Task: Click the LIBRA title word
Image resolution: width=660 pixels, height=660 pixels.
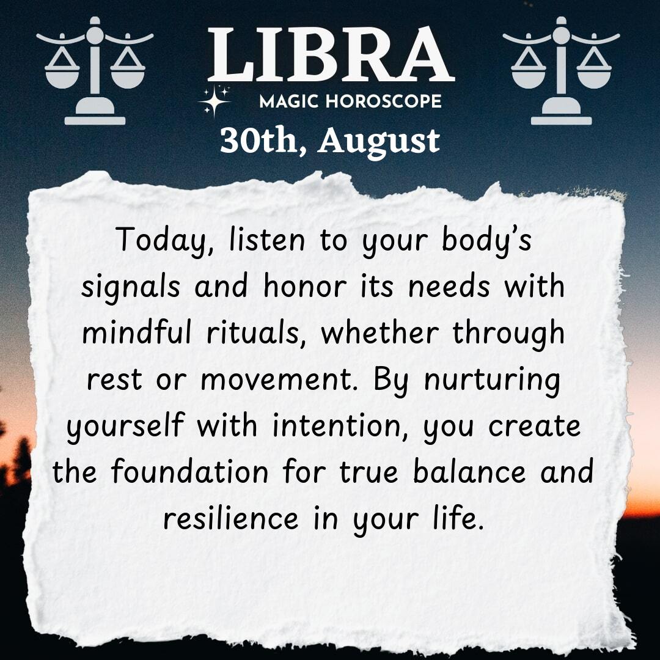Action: [331, 54]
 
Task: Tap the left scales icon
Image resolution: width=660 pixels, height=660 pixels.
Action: [95, 71]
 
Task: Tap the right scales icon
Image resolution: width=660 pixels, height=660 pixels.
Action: [561, 71]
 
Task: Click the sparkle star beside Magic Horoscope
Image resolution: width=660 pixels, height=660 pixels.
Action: [215, 101]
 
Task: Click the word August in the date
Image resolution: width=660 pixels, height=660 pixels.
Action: [379, 142]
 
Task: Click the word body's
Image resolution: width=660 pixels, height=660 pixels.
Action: [487, 241]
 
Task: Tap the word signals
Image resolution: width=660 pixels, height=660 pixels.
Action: [131, 288]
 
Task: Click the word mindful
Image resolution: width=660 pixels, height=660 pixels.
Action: [137, 332]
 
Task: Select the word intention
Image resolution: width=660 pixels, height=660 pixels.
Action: [341, 427]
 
